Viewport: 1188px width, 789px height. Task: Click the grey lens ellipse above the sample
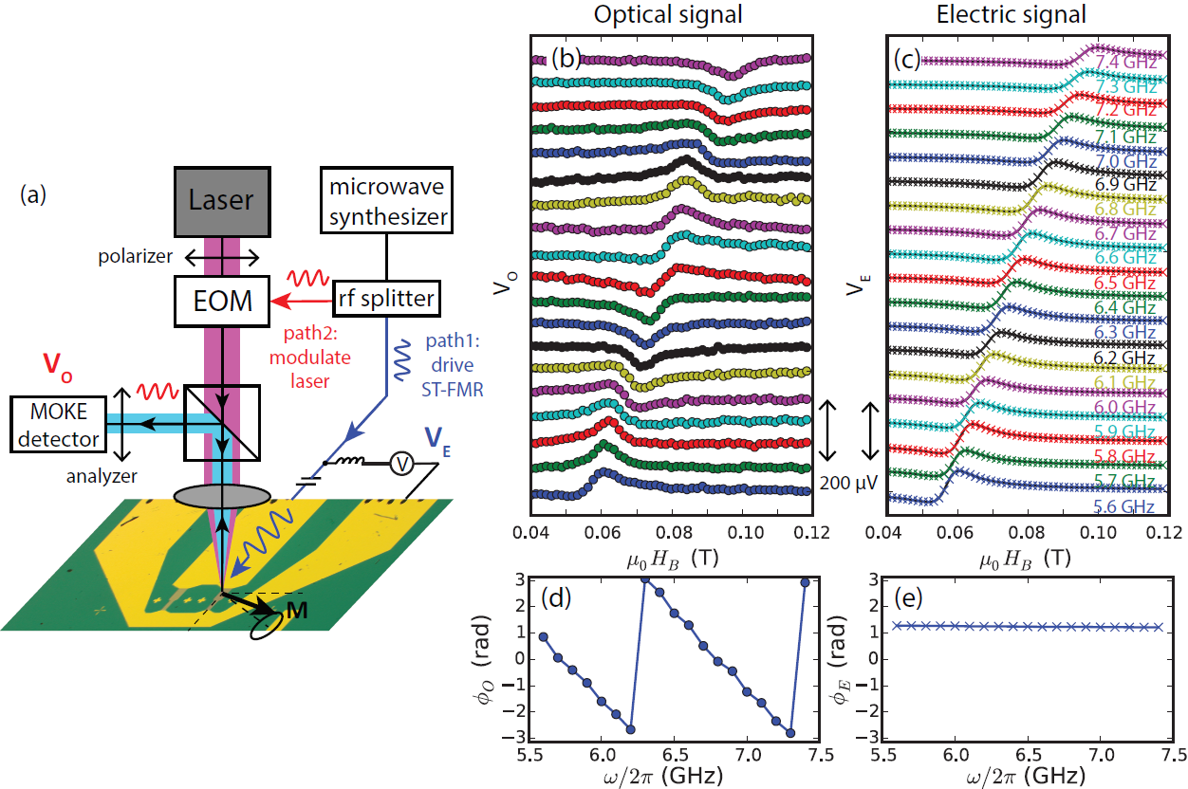point(220,495)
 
